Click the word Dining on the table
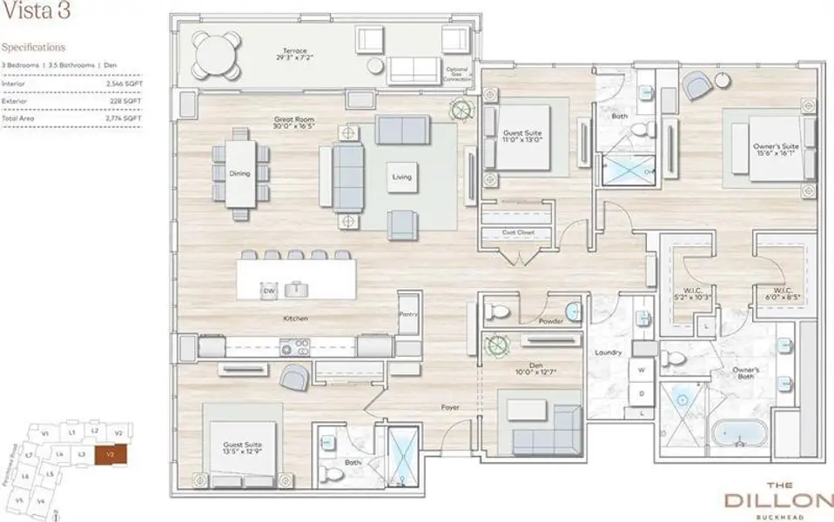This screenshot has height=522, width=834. point(239,173)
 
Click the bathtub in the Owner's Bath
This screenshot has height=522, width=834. point(740,433)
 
